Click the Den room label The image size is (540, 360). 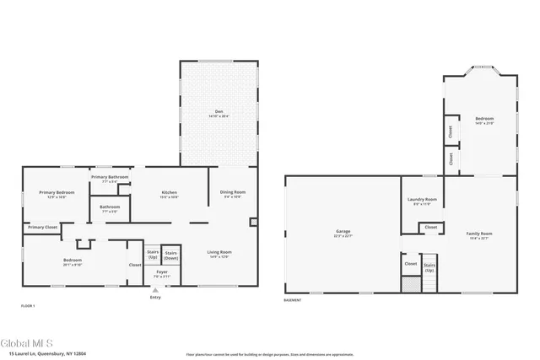click(x=217, y=112)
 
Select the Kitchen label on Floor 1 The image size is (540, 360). click(x=169, y=193)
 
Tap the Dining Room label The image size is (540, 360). click(x=231, y=193)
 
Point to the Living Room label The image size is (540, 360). click(x=219, y=252)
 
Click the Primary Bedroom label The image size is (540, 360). click(x=57, y=193)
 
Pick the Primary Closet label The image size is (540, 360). click(x=42, y=227)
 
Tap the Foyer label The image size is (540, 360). click(x=154, y=273)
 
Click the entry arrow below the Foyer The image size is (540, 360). click(x=154, y=289)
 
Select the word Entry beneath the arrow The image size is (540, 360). click(x=154, y=298)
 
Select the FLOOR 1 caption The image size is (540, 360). click(x=28, y=304)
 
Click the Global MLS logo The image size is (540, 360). click(x=27, y=343)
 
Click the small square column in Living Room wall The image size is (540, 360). click(x=254, y=223)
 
